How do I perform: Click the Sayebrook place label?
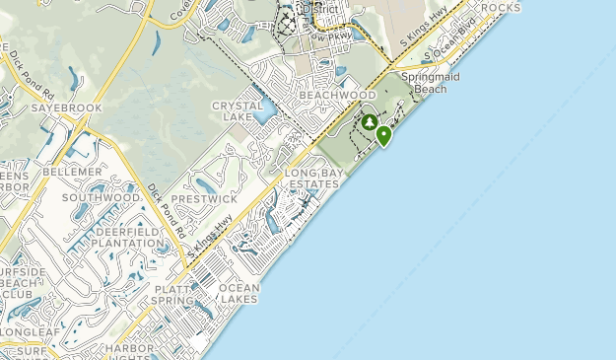coord(66,108)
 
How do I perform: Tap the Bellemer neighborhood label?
coord(72,172)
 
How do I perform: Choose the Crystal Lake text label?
coord(238,110)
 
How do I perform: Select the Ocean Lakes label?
coord(240,293)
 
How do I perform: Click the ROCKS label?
coord(502,8)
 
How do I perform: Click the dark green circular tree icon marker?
coord(369,123)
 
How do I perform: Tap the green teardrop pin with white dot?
coord(383,135)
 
